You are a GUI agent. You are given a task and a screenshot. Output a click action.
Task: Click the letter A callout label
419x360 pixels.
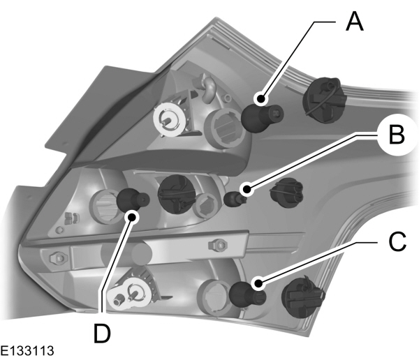(x=355, y=23)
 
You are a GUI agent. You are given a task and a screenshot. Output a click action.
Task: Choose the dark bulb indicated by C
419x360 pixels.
(x=246, y=293)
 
